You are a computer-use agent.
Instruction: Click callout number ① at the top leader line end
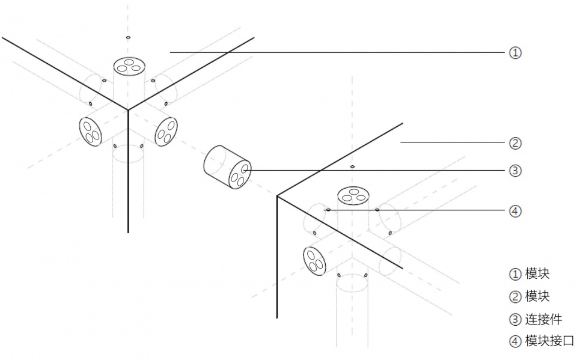coord(515,53)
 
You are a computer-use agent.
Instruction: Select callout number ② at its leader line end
coord(515,143)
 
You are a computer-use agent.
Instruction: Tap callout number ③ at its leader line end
coord(515,171)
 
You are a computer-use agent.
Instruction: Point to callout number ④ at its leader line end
coord(515,211)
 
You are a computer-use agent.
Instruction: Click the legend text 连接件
coord(543,319)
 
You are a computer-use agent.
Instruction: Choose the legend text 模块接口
coord(549,341)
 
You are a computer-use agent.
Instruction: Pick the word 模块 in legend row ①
coord(537,273)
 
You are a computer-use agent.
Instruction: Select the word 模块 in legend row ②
coord(537,296)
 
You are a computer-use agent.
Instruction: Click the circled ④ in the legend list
coord(515,341)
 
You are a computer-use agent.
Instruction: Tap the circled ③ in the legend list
coord(515,319)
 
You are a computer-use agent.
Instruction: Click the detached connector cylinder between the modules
coord(227,167)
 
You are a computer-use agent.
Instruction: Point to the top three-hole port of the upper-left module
coord(129,66)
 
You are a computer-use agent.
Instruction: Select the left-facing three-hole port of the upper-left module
coord(91,132)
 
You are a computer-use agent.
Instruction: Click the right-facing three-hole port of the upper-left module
coord(166,132)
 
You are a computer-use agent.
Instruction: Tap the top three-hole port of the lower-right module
coord(353,196)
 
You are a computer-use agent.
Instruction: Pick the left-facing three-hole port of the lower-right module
coord(314,261)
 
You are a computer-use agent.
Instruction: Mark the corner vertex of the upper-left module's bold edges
coord(128,110)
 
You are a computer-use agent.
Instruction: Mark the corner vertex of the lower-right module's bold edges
coord(277,196)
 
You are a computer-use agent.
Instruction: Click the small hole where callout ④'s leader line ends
coord(328,210)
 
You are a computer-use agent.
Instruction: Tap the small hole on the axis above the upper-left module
coord(128,37)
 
